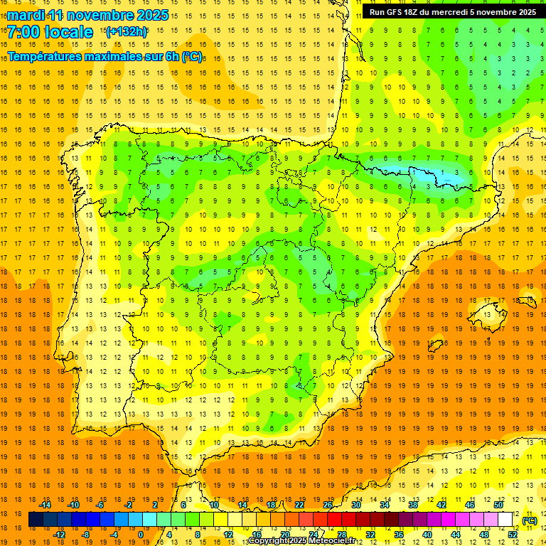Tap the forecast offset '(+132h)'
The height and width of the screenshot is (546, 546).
click(126, 31)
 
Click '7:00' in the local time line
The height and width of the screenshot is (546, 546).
click(23, 32)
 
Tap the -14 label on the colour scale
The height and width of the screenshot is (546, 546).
click(45, 505)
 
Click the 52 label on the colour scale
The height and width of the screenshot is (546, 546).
click(513, 534)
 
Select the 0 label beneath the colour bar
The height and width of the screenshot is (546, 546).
click(141, 534)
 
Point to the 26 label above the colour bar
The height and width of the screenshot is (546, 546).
click(328, 505)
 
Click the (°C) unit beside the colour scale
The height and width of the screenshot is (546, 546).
click(530, 520)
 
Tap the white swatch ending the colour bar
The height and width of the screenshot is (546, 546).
click(505, 520)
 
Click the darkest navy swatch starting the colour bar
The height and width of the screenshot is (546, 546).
click(36, 520)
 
